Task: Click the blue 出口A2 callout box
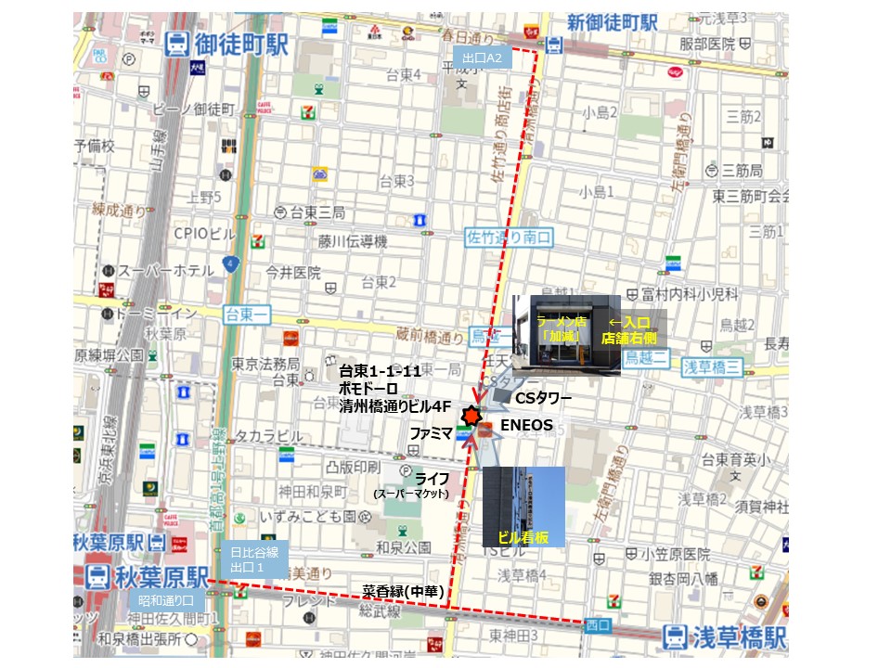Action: (x=483, y=58)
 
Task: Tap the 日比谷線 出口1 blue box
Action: (x=254, y=559)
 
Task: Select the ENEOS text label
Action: (x=526, y=426)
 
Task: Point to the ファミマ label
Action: (x=431, y=433)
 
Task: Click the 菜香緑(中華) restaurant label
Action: (x=401, y=590)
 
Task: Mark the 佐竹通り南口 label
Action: (x=509, y=238)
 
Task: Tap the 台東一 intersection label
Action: (x=246, y=315)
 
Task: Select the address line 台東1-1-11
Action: (x=381, y=371)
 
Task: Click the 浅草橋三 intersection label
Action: (x=711, y=366)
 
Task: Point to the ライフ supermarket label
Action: (x=433, y=479)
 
